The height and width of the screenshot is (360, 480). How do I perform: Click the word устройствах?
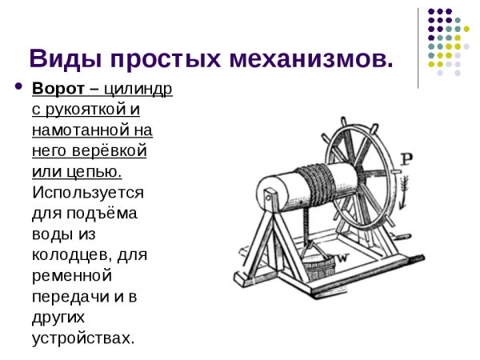[x=80, y=338]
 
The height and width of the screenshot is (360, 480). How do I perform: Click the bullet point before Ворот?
[x=18, y=86]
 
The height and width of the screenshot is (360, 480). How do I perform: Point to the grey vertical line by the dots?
[x=418, y=48]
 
